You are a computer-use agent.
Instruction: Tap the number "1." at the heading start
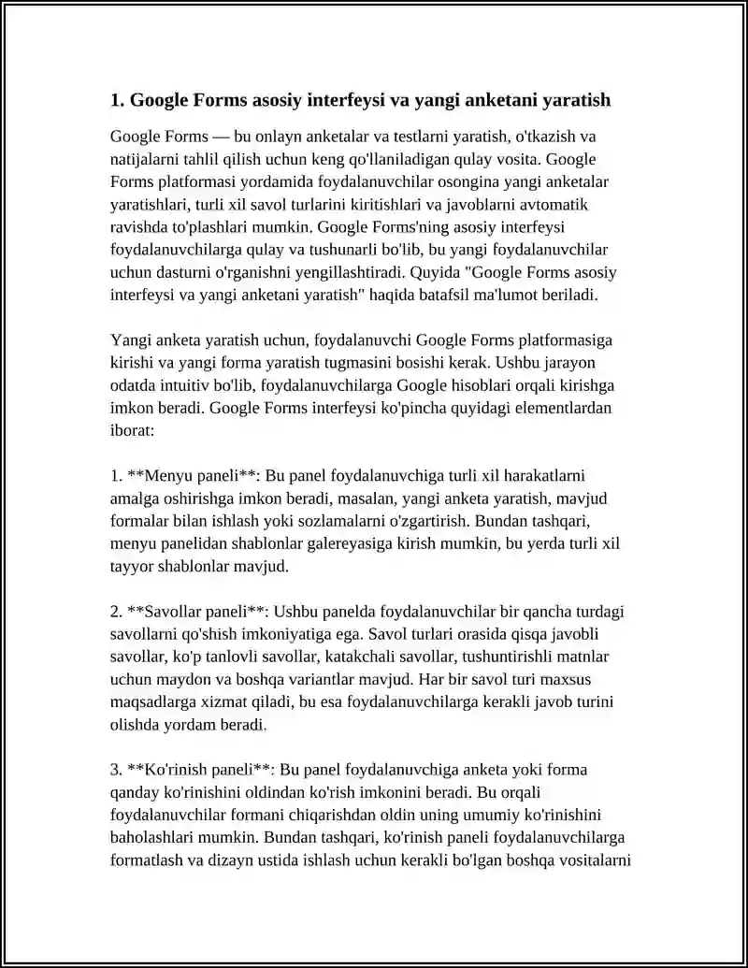click(x=117, y=100)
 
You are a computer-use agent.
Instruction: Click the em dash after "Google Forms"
click(x=223, y=137)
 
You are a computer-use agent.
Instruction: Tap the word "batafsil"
click(x=440, y=296)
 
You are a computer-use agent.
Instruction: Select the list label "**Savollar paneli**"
click(x=198, y=612)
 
